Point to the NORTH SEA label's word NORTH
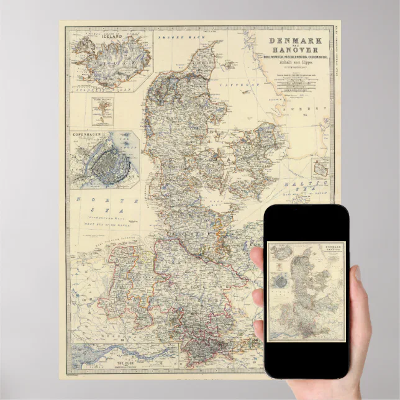point(87,200)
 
